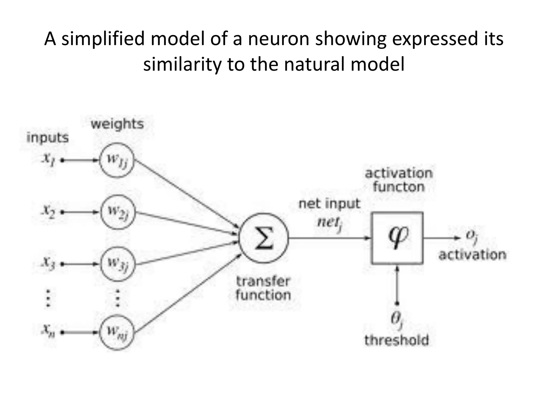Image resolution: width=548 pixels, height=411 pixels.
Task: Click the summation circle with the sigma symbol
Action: [x=264, y=238]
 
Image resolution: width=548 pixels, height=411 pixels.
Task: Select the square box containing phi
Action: [x=397, y=238]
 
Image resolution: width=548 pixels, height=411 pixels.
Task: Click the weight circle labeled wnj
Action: [x=117, y=333]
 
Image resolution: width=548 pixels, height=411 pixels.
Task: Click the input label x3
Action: [x=48, y=264]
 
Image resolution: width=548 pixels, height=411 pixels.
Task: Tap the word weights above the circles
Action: [x=117, y=124]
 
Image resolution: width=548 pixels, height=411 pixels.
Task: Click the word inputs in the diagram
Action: [x=48, y=138]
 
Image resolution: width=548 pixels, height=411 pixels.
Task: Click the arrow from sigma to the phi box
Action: [x=329, y=238]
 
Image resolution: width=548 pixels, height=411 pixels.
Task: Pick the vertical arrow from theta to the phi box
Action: [x=397, y=285]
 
